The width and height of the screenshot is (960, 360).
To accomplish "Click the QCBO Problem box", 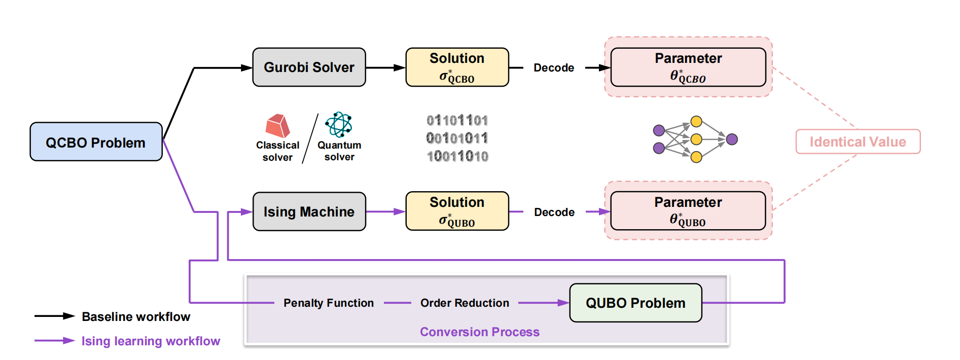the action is pyautogui.click(x=96, y=141).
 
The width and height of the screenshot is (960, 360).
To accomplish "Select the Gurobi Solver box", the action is pyautogui.click(x=309, y=67).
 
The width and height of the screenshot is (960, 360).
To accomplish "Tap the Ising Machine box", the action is pyautogui.click(x=309, y=211).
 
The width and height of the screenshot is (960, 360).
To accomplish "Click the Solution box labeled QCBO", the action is pyautogui.click(x=457, y=67).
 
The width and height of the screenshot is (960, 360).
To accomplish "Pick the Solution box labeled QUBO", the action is pyautogui.click(x=457, y=211).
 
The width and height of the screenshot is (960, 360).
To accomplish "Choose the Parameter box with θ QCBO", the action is pyautogui.click(x=688, y=67).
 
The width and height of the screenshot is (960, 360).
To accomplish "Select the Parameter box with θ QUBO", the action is pyautogui.click(x=688, y=210).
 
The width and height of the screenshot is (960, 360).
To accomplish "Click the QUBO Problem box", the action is pyautogui.click(x=635, y=303).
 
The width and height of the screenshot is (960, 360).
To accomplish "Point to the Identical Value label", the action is pyautogui.click(x=858, y=141).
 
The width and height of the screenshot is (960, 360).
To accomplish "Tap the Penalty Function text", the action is pyautogui.click(x=329, y=303).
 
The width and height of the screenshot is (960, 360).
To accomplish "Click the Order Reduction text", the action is pyautogui.click(x=465, y=303).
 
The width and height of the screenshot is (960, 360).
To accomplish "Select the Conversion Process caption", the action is pyautogui.click(x=480, y=332).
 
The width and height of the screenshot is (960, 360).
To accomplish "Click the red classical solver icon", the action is pyautogui.click(x=277, y=126).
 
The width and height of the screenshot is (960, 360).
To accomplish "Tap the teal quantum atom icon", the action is pyautogui.click(x=339, y=124).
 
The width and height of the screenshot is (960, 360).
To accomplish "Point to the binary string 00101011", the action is pyautogui.click(x=457, y=138).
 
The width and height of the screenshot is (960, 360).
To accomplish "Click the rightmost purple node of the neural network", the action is pyautogui.click(x=732, y=139).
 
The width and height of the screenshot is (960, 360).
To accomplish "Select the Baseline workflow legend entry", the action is pyautogui.click(x=112, y=316).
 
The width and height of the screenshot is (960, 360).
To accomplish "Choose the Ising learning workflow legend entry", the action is pyautogui.click(x=127, y=341).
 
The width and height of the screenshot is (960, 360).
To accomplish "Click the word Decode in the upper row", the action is pyautogui.click(x=554, y=67).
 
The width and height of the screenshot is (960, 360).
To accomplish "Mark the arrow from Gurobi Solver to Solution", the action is pyautogui.click(x=386, y=67).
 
